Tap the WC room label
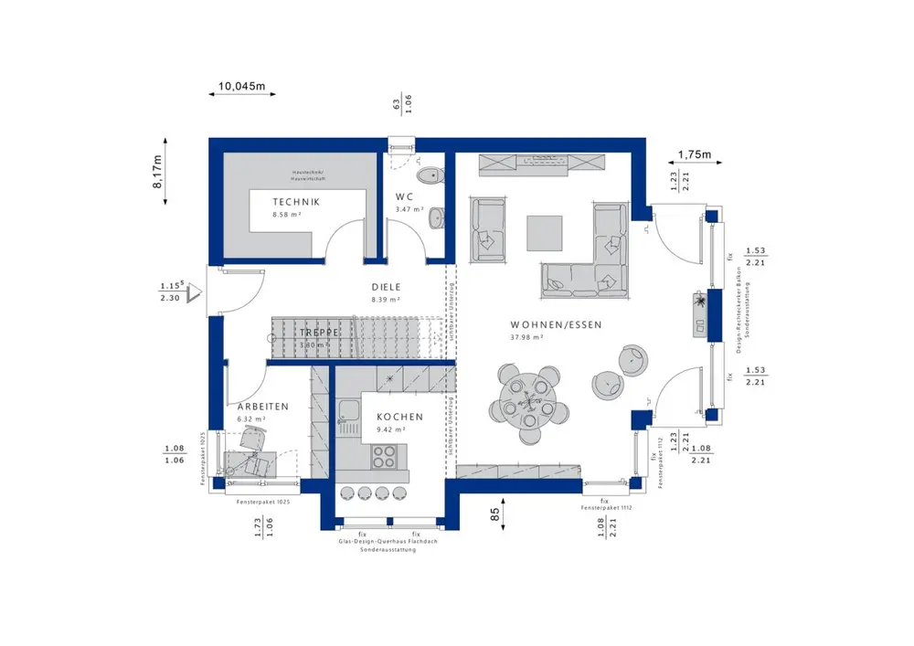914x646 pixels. pos(405,197)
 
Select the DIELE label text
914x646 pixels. pos(386,286)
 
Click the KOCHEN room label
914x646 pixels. pos(399,417)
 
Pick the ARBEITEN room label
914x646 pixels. pos(263,407)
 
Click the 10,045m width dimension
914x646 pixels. pos(240,88)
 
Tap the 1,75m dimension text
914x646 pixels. pos(694,154)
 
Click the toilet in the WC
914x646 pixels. pos(428,175)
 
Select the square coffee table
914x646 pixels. pos(546,232)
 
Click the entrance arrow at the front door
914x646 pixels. pos(193,293)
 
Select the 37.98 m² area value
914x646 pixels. pos(528,337)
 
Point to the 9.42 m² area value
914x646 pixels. pos(390,429)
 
